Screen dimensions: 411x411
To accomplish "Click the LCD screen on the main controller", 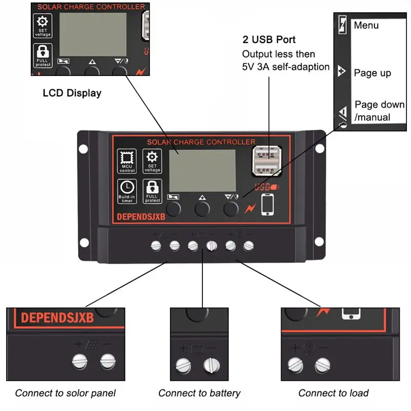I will pyautogui.click(x=202, y=171).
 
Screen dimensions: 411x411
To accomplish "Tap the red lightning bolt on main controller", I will pyautogui.click(x=251, y=209).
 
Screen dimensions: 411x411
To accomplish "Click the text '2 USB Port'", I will pyautogui.click(x=269, y=40).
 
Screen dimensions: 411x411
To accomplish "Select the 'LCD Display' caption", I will pyautogui.click(x=72, y=93).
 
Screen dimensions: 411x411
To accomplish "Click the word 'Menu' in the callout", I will pyautogui.click(x=366, y=25).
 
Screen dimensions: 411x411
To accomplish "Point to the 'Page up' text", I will pyautogui.click(x=372, y=73).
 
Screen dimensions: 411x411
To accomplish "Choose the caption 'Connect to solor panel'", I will pyautogui.click(x=65, y=393).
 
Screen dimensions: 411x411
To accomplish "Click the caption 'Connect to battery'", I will pyautogui.click(x=199, y=393).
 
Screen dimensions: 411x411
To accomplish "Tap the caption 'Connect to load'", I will pyautogui.click(x=333, y=393).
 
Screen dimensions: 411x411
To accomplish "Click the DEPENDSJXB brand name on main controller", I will pyautogui.click(x=141, y=217).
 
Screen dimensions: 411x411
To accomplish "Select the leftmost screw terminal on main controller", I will pyautogui.click(x=157, y=246).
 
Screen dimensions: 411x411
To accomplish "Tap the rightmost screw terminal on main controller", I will pyautogui.click(x=249, y=246).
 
